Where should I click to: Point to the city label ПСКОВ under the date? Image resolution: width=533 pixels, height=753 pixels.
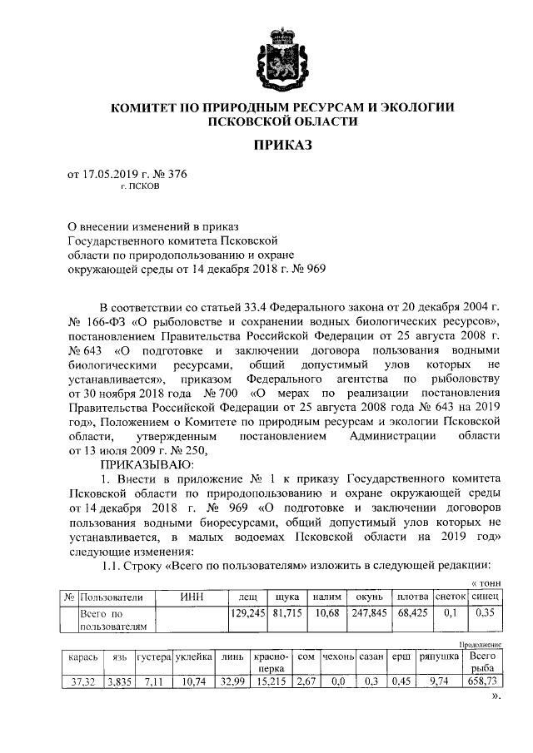[143, 187]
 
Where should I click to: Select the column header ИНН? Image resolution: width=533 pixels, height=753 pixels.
[192, 597]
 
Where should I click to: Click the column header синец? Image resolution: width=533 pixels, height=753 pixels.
[485, 597]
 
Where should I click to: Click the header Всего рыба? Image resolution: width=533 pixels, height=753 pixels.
[483, 662]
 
